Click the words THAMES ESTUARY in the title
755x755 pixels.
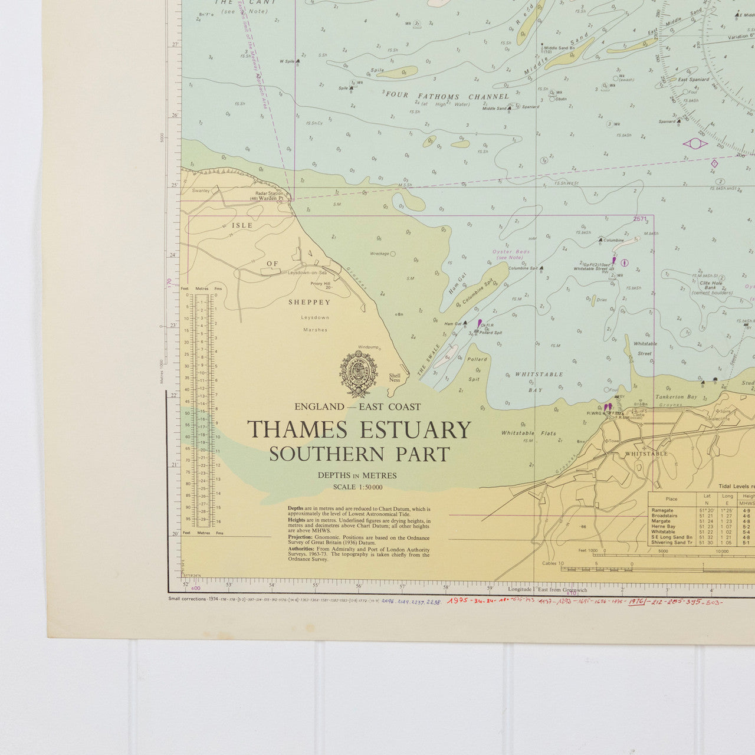coord(359,429)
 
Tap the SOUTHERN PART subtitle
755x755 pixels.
coord(360,454)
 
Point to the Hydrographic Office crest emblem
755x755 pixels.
coord(358,373)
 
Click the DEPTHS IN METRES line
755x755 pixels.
coord(357,475)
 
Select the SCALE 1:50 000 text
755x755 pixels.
coord(357,487)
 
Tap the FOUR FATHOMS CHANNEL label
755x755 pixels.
coord(447,96)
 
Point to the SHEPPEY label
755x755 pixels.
coord(309,302)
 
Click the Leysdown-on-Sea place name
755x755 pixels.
coord(307,273)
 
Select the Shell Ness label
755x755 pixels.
coord(395,377)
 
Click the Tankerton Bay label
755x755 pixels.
coord(676,397)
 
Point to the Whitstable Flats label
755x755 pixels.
coord(528,433)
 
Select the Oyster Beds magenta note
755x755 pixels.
coord(511,254)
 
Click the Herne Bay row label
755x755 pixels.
coord(664,527)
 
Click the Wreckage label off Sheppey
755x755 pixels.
coord(379,254)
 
